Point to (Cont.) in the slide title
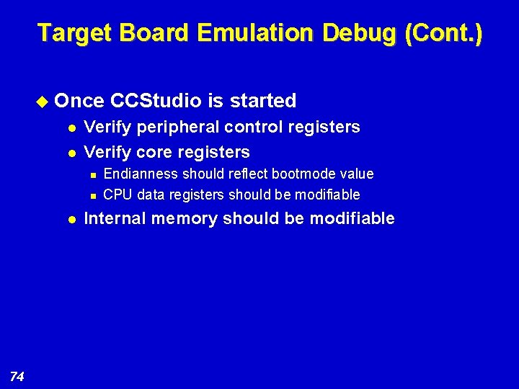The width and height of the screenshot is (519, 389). pos(443,33)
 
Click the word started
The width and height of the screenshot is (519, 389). pos(263,100)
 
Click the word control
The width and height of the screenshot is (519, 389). pos(254,128)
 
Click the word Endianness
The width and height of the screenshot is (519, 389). pos(141,174)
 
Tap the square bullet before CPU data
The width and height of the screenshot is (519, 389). pos(94,195)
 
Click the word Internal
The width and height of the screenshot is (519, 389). pos(114,218)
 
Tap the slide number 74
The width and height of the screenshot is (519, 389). pos(18,375)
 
